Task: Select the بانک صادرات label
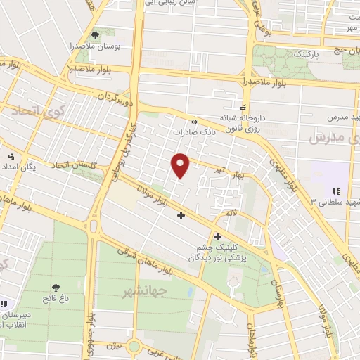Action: click(192, 131)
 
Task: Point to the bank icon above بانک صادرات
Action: click(194, 120)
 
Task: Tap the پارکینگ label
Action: click(309, 53)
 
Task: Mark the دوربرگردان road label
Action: click(114, 96)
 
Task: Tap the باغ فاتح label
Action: click(56, 298)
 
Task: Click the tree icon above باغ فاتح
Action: click(56, 287)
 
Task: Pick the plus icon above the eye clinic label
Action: click(217, 237)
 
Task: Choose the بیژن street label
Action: click(115, 345)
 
